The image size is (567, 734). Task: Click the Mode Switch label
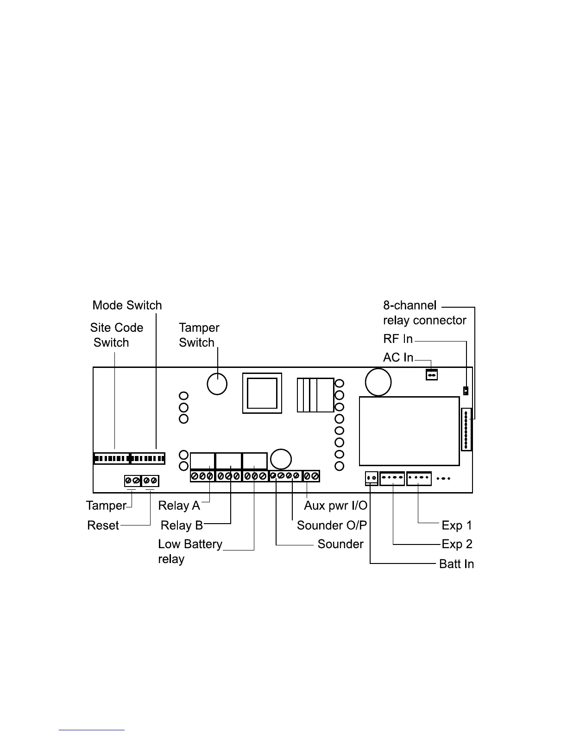pyautogui.click(x=127, y=305)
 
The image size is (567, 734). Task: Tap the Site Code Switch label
pyautogui.click(x=116, y=335)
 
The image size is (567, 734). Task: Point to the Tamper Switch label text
pyautogui.click(x=199, y=335)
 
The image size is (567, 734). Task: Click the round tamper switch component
pyautogui.click(x=217, y=384)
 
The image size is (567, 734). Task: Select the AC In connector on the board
pyautogui.click(x=432, y=374)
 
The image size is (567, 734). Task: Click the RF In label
pyautogui.click(x=397, y=339)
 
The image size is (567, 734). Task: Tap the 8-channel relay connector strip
pyautogui.click(x=466, y=429)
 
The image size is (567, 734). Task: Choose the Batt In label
pyautogui.click(x=456, y=564)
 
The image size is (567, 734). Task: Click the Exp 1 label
pyautogui.click(x=457, y=525)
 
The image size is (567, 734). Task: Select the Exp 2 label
pyautogui.click(x=457, y=544)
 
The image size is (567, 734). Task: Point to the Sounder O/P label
pyautogui.click(x=332, y=525)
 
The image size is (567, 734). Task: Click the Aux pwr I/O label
pyautogui.click(x=335, y=506)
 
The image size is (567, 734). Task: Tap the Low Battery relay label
pyautogui.click(x=190, y=551)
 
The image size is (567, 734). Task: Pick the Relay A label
pyautogui.click(x=179, y=506)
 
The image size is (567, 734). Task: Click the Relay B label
pyautogui.click(x=182, y=525)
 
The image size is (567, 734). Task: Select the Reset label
pyautogui.click(x=103, y=525)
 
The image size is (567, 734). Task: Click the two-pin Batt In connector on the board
pyautogui.click(x=372, y=478)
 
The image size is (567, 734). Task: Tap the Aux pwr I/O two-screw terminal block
pyautogui.click(x=311, y=476)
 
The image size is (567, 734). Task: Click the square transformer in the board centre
pyautogui.click(x=262, y=393)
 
